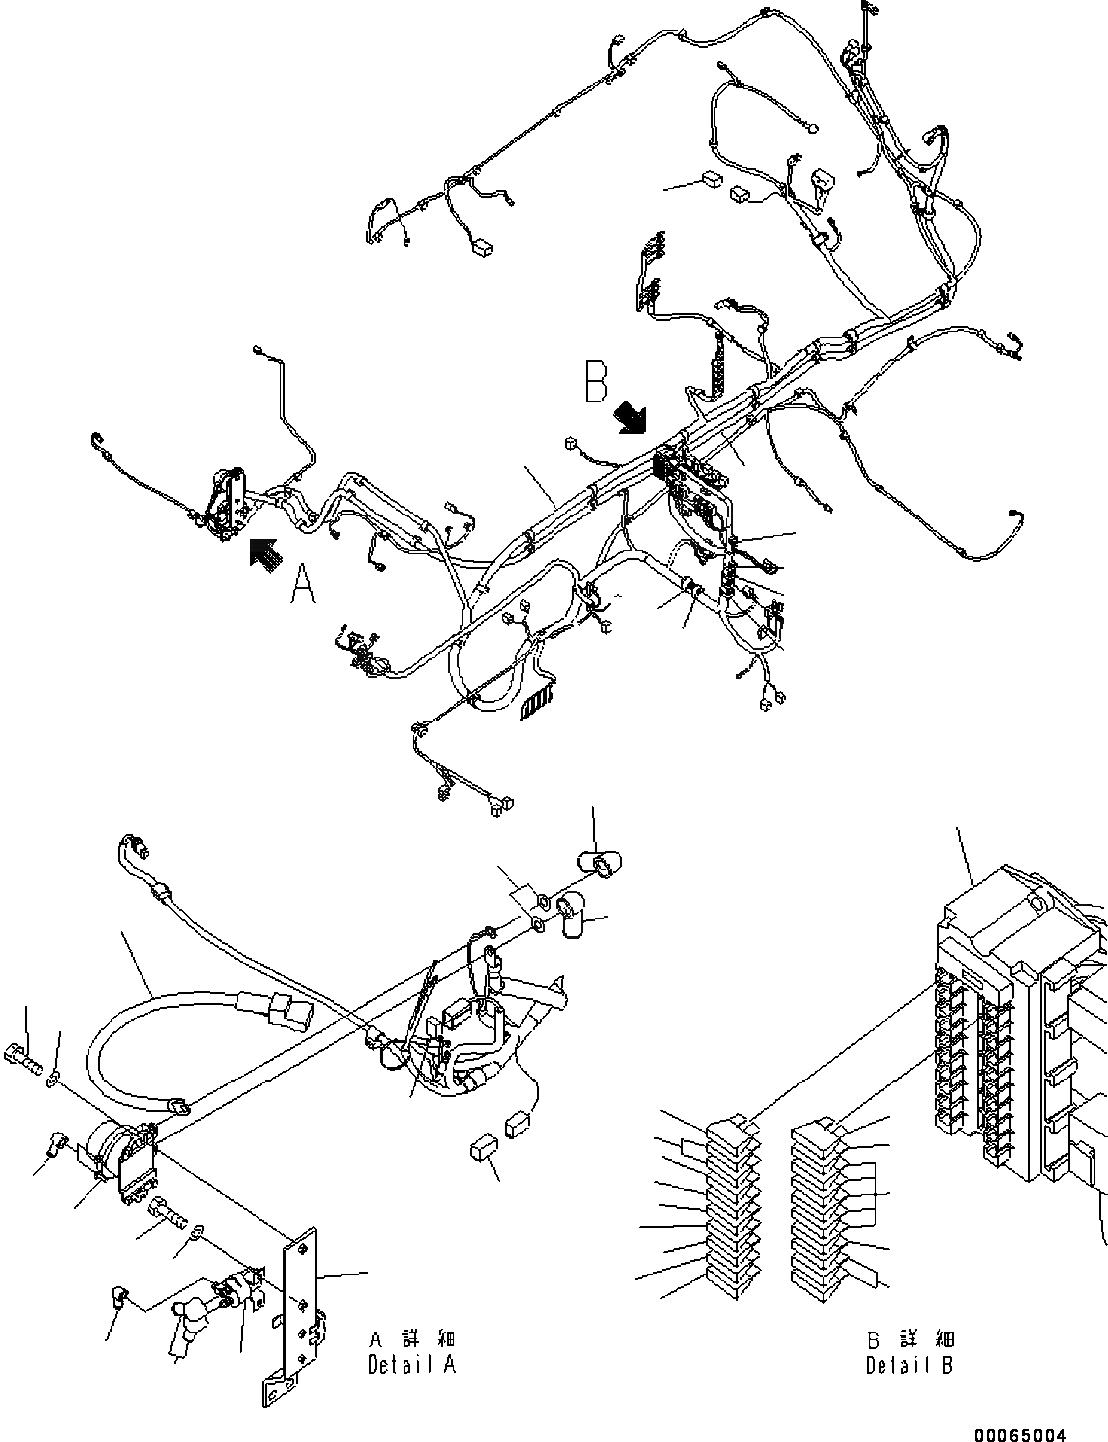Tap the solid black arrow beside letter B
631,417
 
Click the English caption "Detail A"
411,1364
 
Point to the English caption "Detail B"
909,1365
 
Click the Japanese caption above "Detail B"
909,1339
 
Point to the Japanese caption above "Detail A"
411,1339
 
